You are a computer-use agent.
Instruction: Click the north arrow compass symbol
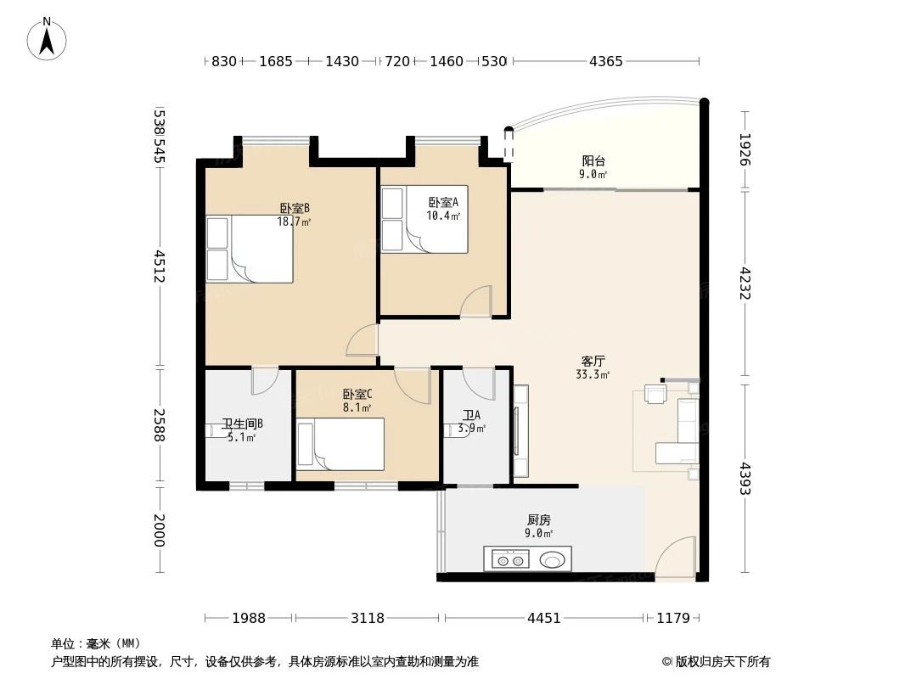coord(47,39)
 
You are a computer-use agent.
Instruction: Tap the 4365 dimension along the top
coord(606,61)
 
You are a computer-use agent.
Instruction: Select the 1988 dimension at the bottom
coord(249,619)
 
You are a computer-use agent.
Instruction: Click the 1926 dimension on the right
coord(745,149)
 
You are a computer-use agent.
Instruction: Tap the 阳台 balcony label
coord(593,161)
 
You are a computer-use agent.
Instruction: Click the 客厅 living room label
coord(593,361)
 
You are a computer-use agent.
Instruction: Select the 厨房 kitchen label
coord(538,519)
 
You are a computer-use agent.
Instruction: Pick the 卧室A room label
coord(443,203)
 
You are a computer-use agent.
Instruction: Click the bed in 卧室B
coord(250,250)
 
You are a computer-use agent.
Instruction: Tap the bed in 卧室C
coord(340,444)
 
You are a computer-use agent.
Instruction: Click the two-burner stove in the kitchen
coord(510,559)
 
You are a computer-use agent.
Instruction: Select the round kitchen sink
coord(553,559)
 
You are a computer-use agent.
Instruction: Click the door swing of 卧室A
coord(476,301)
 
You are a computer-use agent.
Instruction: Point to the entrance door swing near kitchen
coord(675,558)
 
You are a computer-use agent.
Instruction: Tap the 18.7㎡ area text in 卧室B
coord(295,222)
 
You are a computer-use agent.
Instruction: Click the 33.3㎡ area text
coord(593,374)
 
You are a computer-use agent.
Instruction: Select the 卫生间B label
coord(243,424)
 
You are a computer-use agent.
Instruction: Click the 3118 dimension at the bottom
coord(368,619)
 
